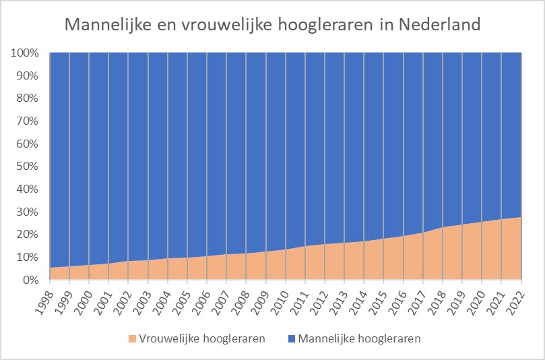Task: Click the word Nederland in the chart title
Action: pos(439,24)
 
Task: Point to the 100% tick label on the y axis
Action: pos(26,53)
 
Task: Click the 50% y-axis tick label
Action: pos(28,166)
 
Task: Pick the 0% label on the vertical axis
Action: pos(31,280)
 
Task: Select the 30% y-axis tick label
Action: pos(28,212)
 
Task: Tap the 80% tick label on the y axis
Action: pos(28,98)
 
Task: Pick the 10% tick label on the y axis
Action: pos(28,257)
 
